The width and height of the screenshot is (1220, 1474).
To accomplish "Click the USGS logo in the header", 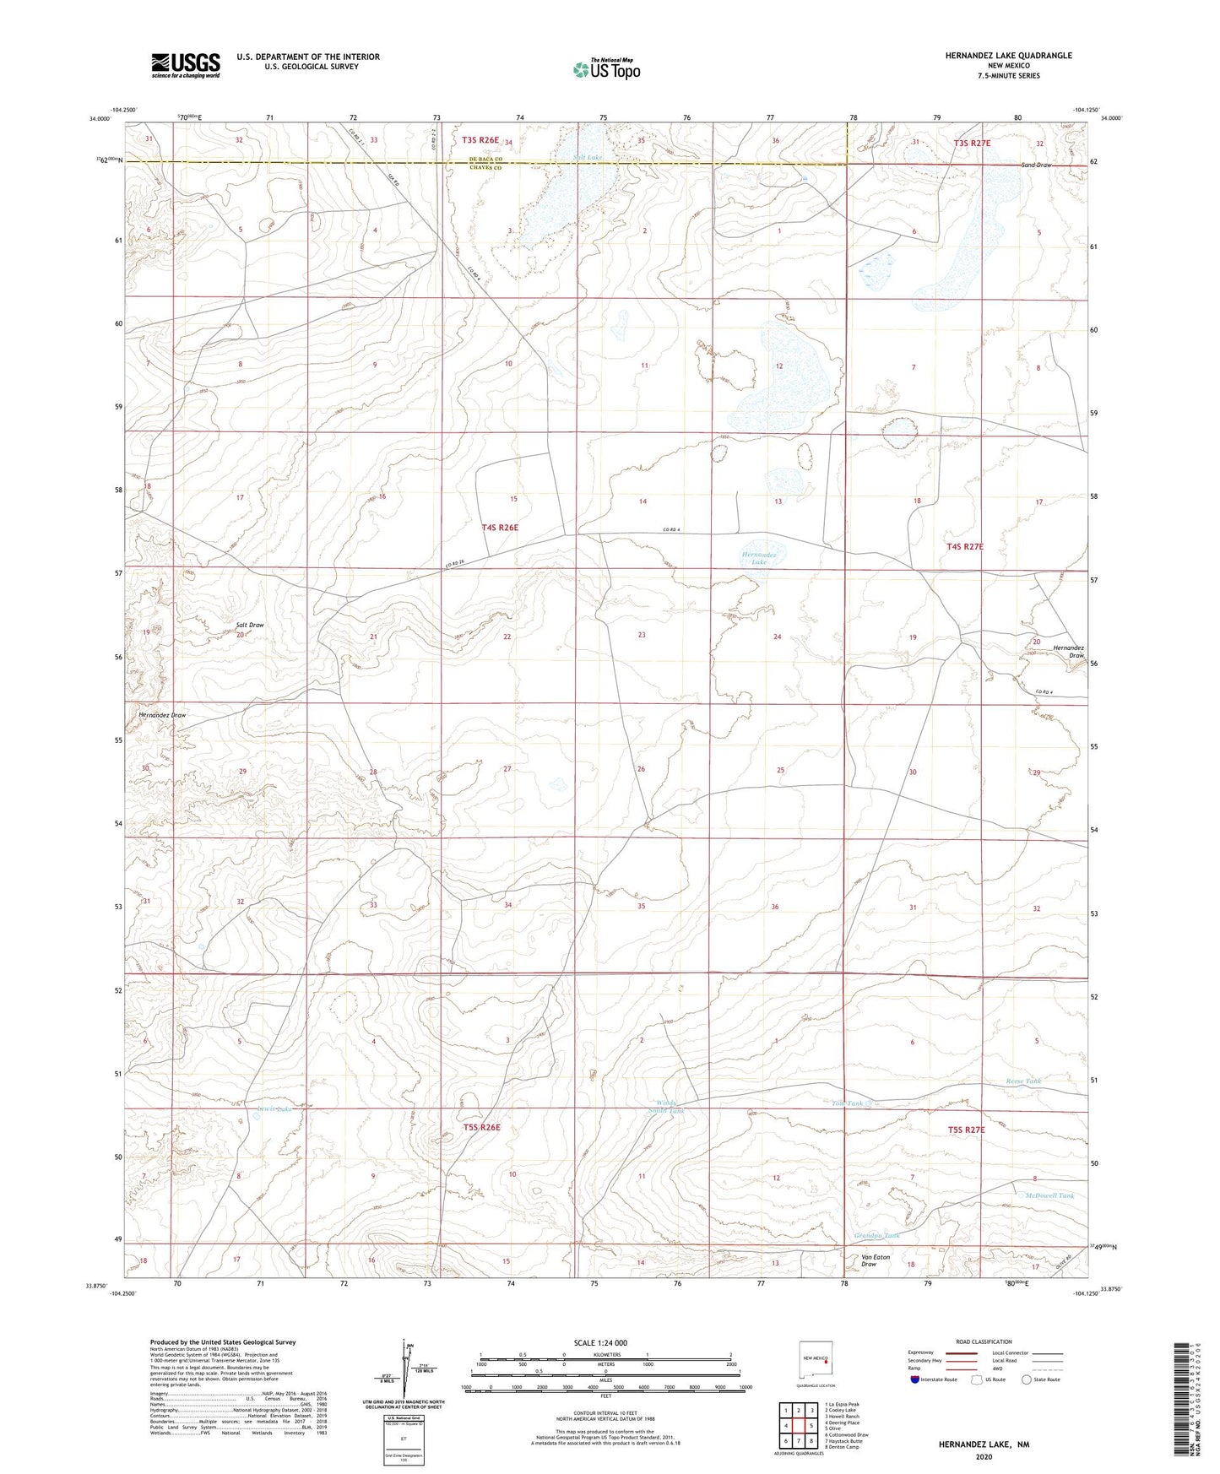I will (x=186, y=64).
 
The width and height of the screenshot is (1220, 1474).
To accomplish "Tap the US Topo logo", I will (x=605, y=69).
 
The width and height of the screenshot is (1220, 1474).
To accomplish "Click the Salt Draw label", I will (x=250, y=626).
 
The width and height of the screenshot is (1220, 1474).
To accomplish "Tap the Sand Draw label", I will (x=1036, y=165).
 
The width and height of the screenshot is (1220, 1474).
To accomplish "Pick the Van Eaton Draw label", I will (x=875, y=1260).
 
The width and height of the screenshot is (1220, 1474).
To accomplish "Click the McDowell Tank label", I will (x=1049, y=1196).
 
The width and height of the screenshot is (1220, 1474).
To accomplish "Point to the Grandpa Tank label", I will (x=876, y=1235).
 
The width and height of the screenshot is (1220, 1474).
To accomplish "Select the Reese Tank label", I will (x=1023, y=1081).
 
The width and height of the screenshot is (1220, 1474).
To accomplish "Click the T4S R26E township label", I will (x=500, y=528).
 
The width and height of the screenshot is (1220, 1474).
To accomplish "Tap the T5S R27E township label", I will (x=966, y=1130).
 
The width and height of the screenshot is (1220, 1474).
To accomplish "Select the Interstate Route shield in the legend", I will (x=917, y=1379).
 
